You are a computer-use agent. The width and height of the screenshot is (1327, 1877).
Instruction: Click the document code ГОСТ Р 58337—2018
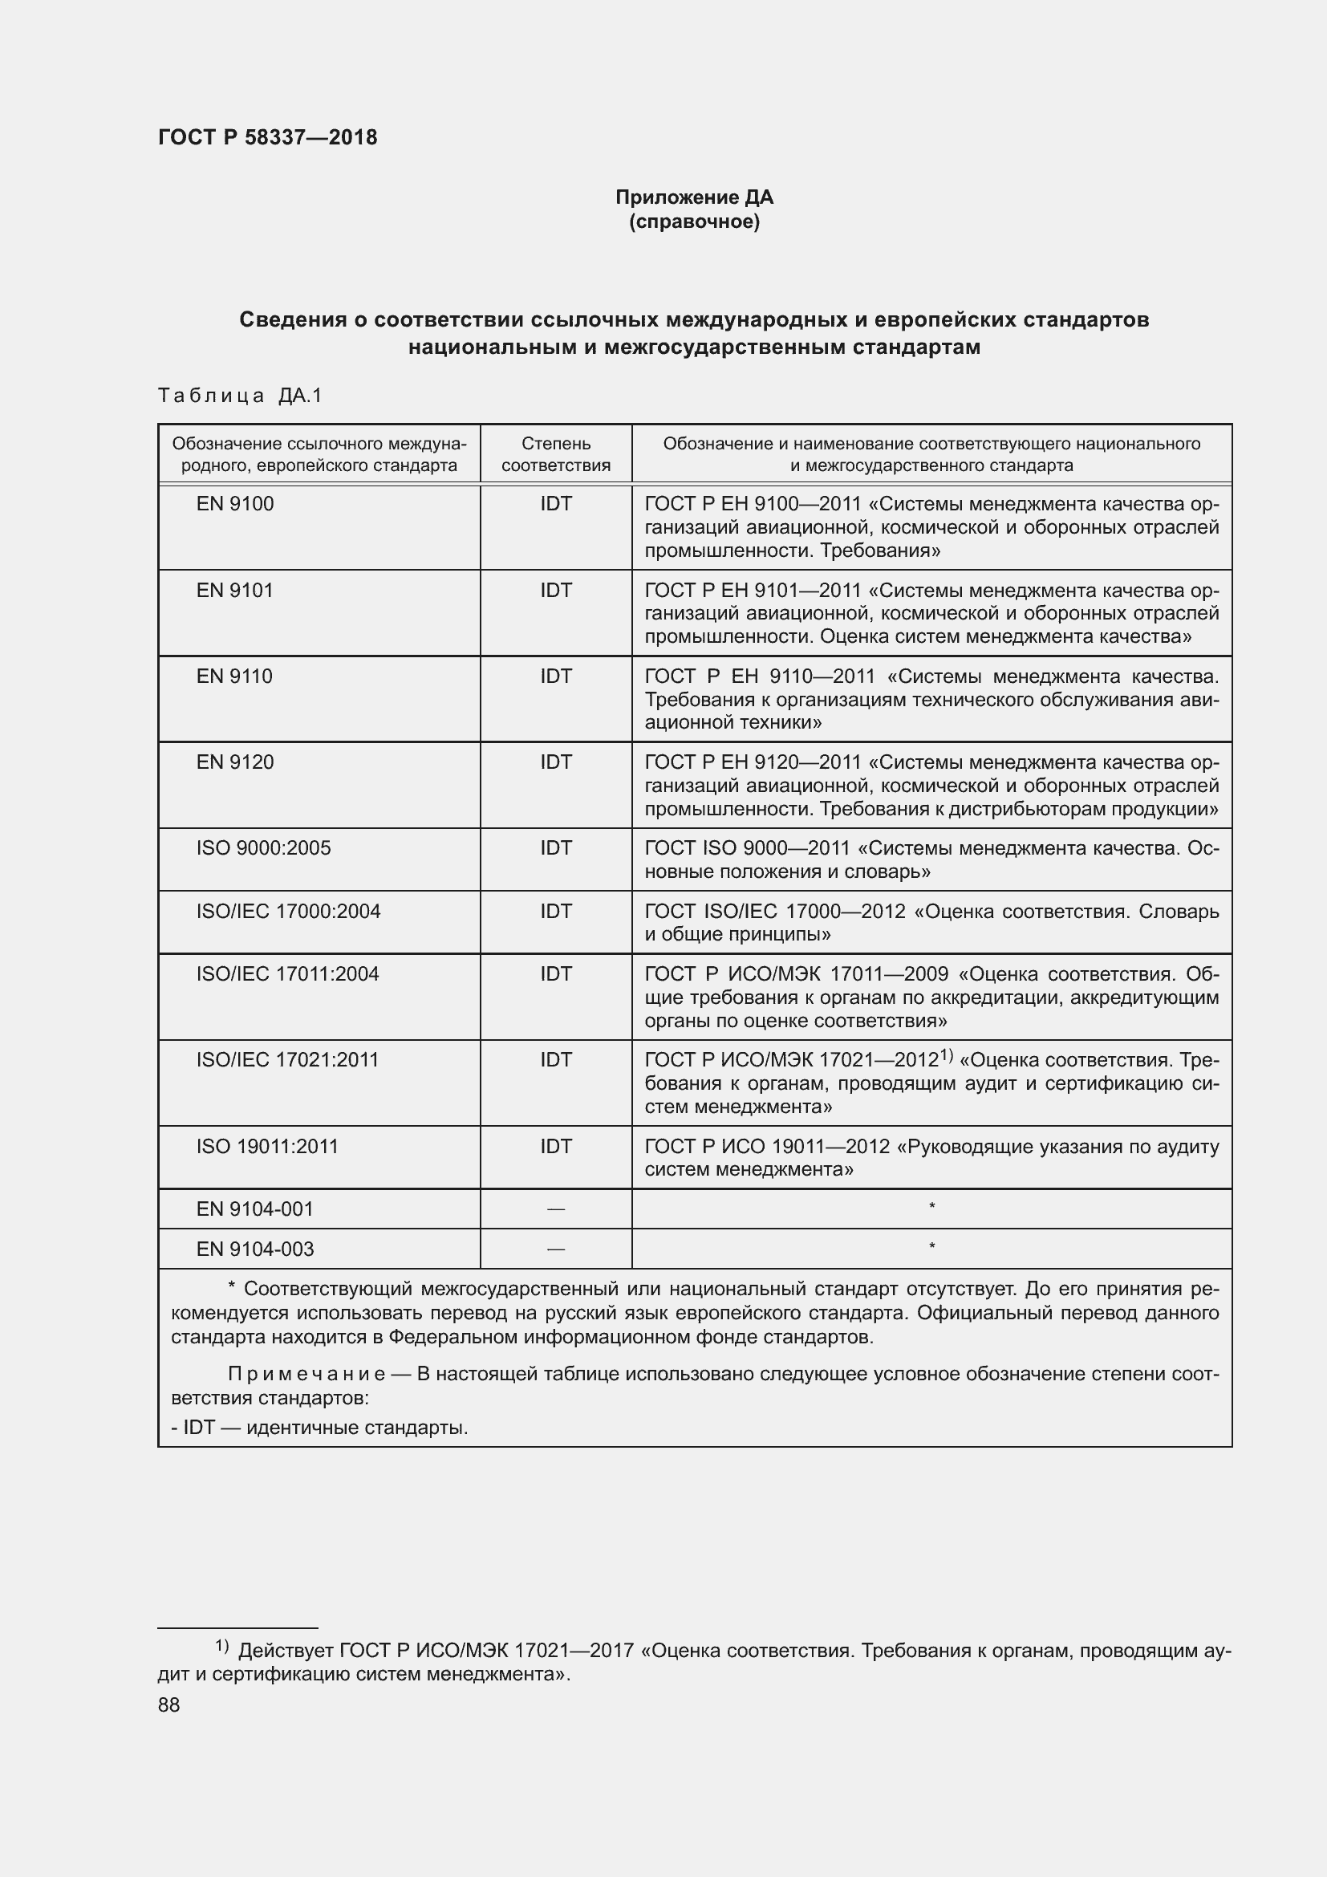pos(267,137)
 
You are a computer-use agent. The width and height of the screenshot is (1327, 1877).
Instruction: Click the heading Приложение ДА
pos(694,197)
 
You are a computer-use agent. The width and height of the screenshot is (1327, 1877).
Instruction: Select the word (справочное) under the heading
pos(694,222)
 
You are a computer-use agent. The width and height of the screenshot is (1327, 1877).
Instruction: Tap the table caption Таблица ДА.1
pos(240,396)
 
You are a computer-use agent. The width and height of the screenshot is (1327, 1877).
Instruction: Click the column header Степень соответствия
pos(556,454)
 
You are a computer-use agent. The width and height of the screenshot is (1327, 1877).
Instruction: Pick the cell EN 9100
pos(235,504)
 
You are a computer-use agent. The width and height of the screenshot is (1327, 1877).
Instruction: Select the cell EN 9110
pos(234,676)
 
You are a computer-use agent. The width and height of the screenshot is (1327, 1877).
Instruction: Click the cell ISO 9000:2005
pos(263,847)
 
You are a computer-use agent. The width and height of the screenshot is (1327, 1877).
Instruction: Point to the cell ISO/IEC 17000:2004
pos(288,911)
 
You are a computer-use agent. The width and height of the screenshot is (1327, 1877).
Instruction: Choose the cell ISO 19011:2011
pos(267,1146)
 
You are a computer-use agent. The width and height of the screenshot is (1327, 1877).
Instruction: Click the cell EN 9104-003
pos(255,1249)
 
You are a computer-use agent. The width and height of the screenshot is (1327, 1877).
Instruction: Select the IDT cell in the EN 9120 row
pos(556,762)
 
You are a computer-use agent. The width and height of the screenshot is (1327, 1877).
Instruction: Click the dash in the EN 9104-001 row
pos(556,1209)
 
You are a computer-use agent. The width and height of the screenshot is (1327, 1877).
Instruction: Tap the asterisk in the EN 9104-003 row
pos(931,1248)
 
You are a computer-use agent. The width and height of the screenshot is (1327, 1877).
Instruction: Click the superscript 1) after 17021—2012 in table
pos(946,1055)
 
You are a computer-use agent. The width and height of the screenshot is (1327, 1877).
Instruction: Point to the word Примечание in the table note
pos(306,1374)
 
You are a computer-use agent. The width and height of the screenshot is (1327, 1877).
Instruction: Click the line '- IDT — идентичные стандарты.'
pos(319,1428)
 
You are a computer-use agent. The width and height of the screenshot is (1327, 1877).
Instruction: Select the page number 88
pos(169,1704)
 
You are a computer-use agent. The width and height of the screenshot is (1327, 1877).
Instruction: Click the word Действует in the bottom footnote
pos(285,1651)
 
